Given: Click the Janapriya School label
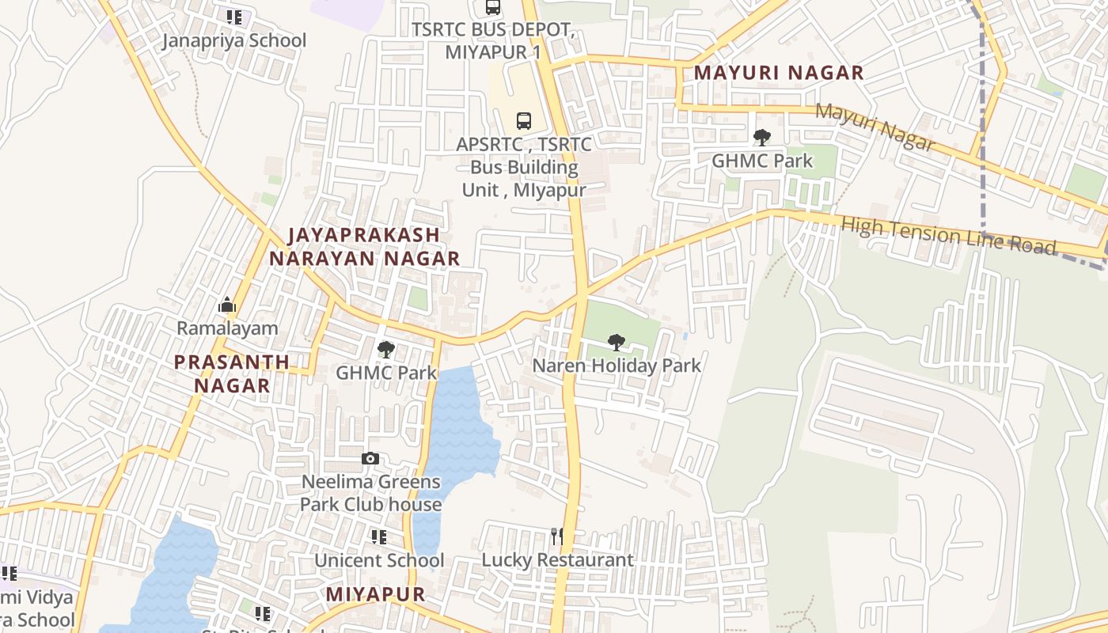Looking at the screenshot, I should (233, 40).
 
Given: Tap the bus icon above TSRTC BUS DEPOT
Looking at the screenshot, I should (493, 7).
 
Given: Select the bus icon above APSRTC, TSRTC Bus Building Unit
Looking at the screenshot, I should (524, 121).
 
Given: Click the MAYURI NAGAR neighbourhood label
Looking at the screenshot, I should (779, 73).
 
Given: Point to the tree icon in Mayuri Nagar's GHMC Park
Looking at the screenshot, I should (761, 138).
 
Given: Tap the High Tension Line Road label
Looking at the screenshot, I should (948, 235).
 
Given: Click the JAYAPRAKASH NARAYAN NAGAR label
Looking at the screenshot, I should (364, 246).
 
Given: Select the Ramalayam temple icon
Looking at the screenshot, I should (227, 305).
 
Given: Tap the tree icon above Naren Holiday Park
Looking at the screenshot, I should (616, 343).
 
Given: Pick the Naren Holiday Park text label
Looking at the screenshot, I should (617, 366).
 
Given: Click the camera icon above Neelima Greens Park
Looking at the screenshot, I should (370, 459).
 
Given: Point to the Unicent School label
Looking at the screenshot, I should (378, 560).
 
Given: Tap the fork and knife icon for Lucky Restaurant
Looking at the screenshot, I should (557, 536).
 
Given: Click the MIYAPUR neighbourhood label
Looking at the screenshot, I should (375, 594).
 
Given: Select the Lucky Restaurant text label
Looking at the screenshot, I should (557, 560).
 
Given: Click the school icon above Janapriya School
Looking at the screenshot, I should (233, 17).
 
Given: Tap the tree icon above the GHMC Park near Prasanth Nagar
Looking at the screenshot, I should (385, 349).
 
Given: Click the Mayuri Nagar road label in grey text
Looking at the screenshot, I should (875, 127).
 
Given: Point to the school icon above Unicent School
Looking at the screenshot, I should (378, 537).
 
